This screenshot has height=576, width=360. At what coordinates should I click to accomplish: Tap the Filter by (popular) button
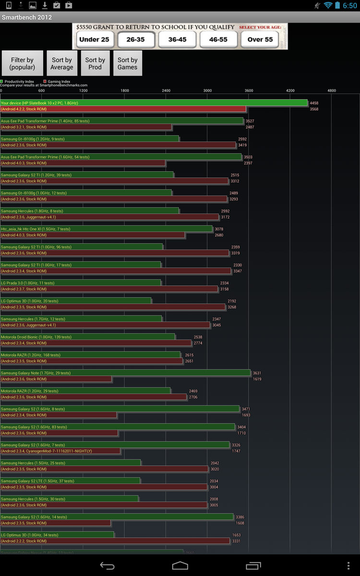(22, 63)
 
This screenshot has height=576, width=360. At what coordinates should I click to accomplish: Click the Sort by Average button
(61, 63)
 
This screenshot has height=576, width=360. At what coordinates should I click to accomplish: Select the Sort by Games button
(127, 63)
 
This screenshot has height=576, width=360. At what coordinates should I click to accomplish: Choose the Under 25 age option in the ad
(94, 39)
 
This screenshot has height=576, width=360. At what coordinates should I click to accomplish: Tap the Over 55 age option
(260, 39)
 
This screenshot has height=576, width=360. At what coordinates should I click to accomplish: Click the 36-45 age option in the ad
(177, 39)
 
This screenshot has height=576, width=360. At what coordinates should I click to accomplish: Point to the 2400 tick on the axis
(166, 90)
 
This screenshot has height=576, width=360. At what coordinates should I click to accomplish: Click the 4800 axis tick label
(332, 90)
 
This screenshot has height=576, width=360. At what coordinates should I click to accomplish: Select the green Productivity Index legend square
(2, 82)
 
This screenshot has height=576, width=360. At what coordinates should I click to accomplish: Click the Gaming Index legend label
(59, 82)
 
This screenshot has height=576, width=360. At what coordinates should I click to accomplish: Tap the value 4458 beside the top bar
(314, 103)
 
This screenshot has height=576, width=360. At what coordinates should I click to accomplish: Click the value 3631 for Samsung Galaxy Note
(257, 373)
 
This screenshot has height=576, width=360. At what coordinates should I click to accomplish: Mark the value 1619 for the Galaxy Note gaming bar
(257, 379)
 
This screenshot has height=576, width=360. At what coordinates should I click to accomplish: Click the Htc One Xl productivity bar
(106, 229)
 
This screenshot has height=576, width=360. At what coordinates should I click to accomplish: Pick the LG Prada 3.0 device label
(27, 283)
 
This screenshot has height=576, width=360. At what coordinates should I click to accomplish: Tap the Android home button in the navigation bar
(180, 565)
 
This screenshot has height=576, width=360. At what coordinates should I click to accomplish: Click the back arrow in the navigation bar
(107, 565)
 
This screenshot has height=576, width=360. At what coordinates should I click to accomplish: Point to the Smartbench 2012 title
(27, 18)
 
